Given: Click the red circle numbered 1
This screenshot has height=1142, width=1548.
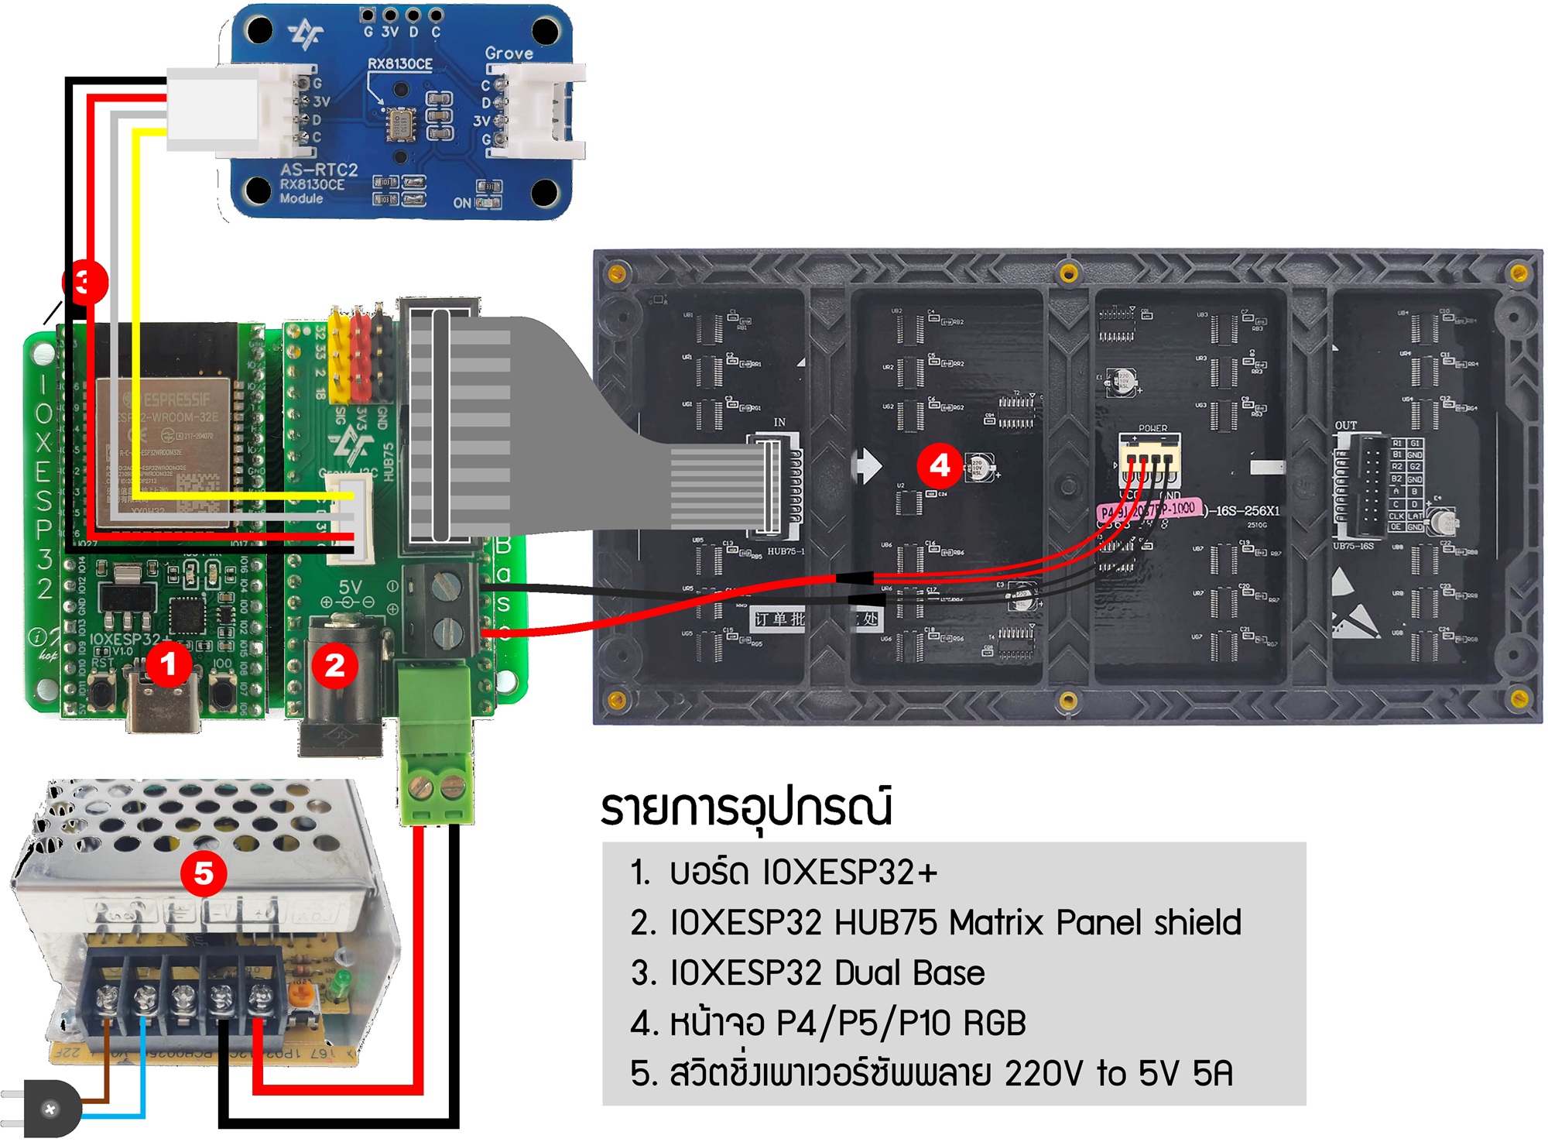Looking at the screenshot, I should tap(168, 664).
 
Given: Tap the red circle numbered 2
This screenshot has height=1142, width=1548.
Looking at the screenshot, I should tap(334, 665).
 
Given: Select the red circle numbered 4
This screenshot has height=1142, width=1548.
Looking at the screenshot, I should tap(939, 465).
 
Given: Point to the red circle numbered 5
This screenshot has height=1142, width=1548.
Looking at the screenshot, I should tap(204, 873).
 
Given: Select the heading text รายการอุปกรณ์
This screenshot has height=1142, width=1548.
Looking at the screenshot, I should tap(747, 808).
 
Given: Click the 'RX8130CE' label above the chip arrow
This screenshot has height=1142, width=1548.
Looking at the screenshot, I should tap(399, 63).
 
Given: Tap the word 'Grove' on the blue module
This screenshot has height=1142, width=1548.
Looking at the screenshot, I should tap(509, 53).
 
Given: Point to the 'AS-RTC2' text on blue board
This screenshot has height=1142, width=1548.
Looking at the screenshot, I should tap(319, 170).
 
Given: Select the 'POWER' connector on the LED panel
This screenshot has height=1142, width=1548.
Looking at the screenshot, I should tap(1149, 457).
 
